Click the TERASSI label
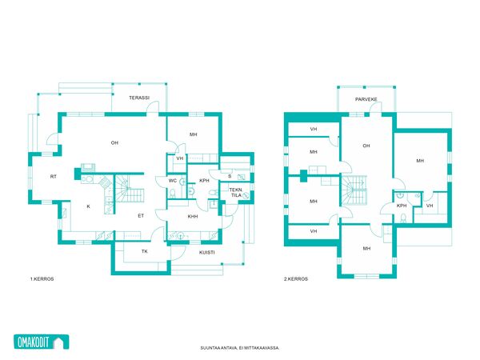coord(139,98)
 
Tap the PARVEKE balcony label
coord(366,99)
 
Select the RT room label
coord(54,177)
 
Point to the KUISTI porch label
coord(206,253)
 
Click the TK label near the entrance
coord(145,251)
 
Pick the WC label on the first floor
coord(173,181)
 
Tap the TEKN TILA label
coord(235,193)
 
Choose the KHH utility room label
coord(193,217)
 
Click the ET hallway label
coord(141,216)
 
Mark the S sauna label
coord(230,176)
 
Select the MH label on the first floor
coord(193,134)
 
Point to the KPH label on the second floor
coord(402,206)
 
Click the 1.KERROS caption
coord(42,279)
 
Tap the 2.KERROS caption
coord(296,279)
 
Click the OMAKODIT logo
coord(42,342)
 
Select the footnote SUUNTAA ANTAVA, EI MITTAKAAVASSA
coord(240,348)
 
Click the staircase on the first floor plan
coord(129,189)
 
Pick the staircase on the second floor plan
coord(354,190)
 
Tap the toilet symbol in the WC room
coord(172,194)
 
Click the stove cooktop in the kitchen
coord(105,182)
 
